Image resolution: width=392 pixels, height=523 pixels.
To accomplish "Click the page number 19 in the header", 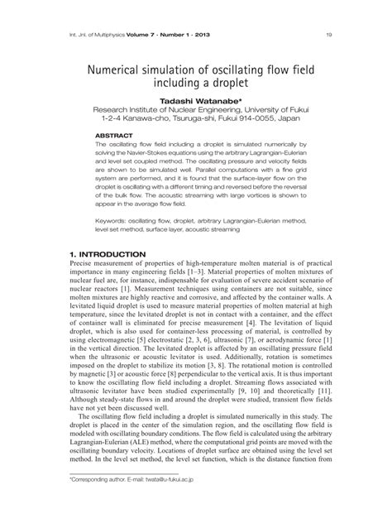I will pyautogui.click(x=329, y=34).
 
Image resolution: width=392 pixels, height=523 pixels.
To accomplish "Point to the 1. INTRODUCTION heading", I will pyautogui.click(x=108, y=254).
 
